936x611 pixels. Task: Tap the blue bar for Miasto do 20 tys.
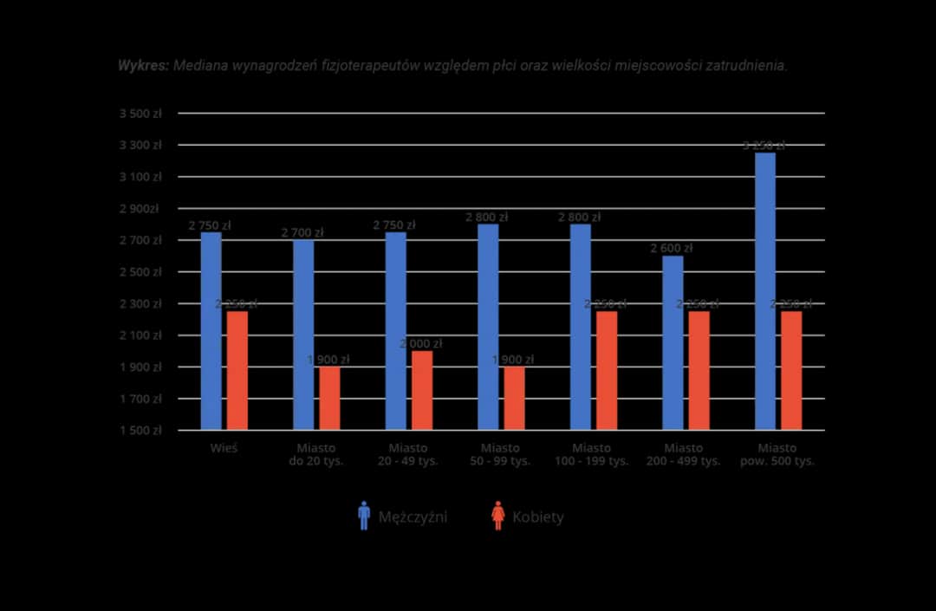click(x=303, y=335)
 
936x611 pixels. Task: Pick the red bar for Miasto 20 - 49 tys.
click(x=422, y=390)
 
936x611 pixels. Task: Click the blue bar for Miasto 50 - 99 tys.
click(x=488, y=327)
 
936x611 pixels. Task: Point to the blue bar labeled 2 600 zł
click(x=673, y=342)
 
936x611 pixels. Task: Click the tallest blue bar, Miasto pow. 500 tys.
click(x=765, y=291)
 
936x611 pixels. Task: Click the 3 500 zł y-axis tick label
click(x=140, y=114)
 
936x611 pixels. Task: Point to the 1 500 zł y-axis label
click(x=140, y=431)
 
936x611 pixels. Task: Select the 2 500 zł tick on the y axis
click(x=140, y=272)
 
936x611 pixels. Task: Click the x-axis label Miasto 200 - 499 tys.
click(x=683, y=455)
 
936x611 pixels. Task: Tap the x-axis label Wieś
click(x=224, y=449)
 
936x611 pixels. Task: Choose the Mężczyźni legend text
click(x=413, y=517)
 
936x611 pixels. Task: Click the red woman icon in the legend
click(x=497, y=516)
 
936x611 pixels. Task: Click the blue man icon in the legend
click(x=364, y=516)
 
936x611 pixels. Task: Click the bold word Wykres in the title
click(x=143, y=66)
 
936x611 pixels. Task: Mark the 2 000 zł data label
click(x=421, y=344)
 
